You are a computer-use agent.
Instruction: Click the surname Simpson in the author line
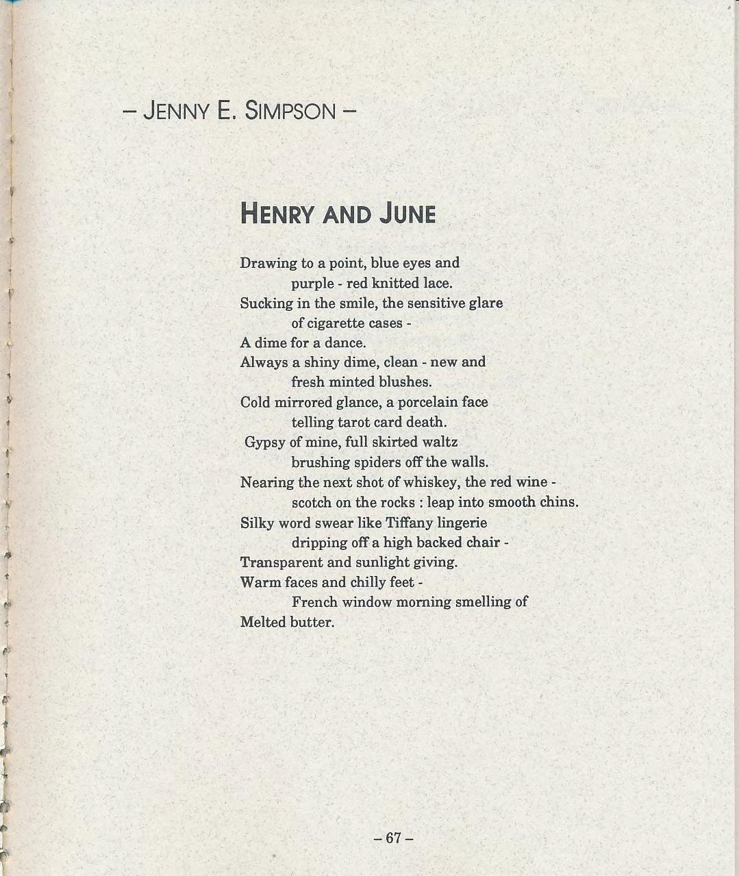click(290, 110)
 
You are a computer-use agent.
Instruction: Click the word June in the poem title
click(408, 214)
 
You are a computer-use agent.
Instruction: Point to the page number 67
click(393, 838)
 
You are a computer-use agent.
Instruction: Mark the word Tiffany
click(409, 523)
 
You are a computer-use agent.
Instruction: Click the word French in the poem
click(314, 603)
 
